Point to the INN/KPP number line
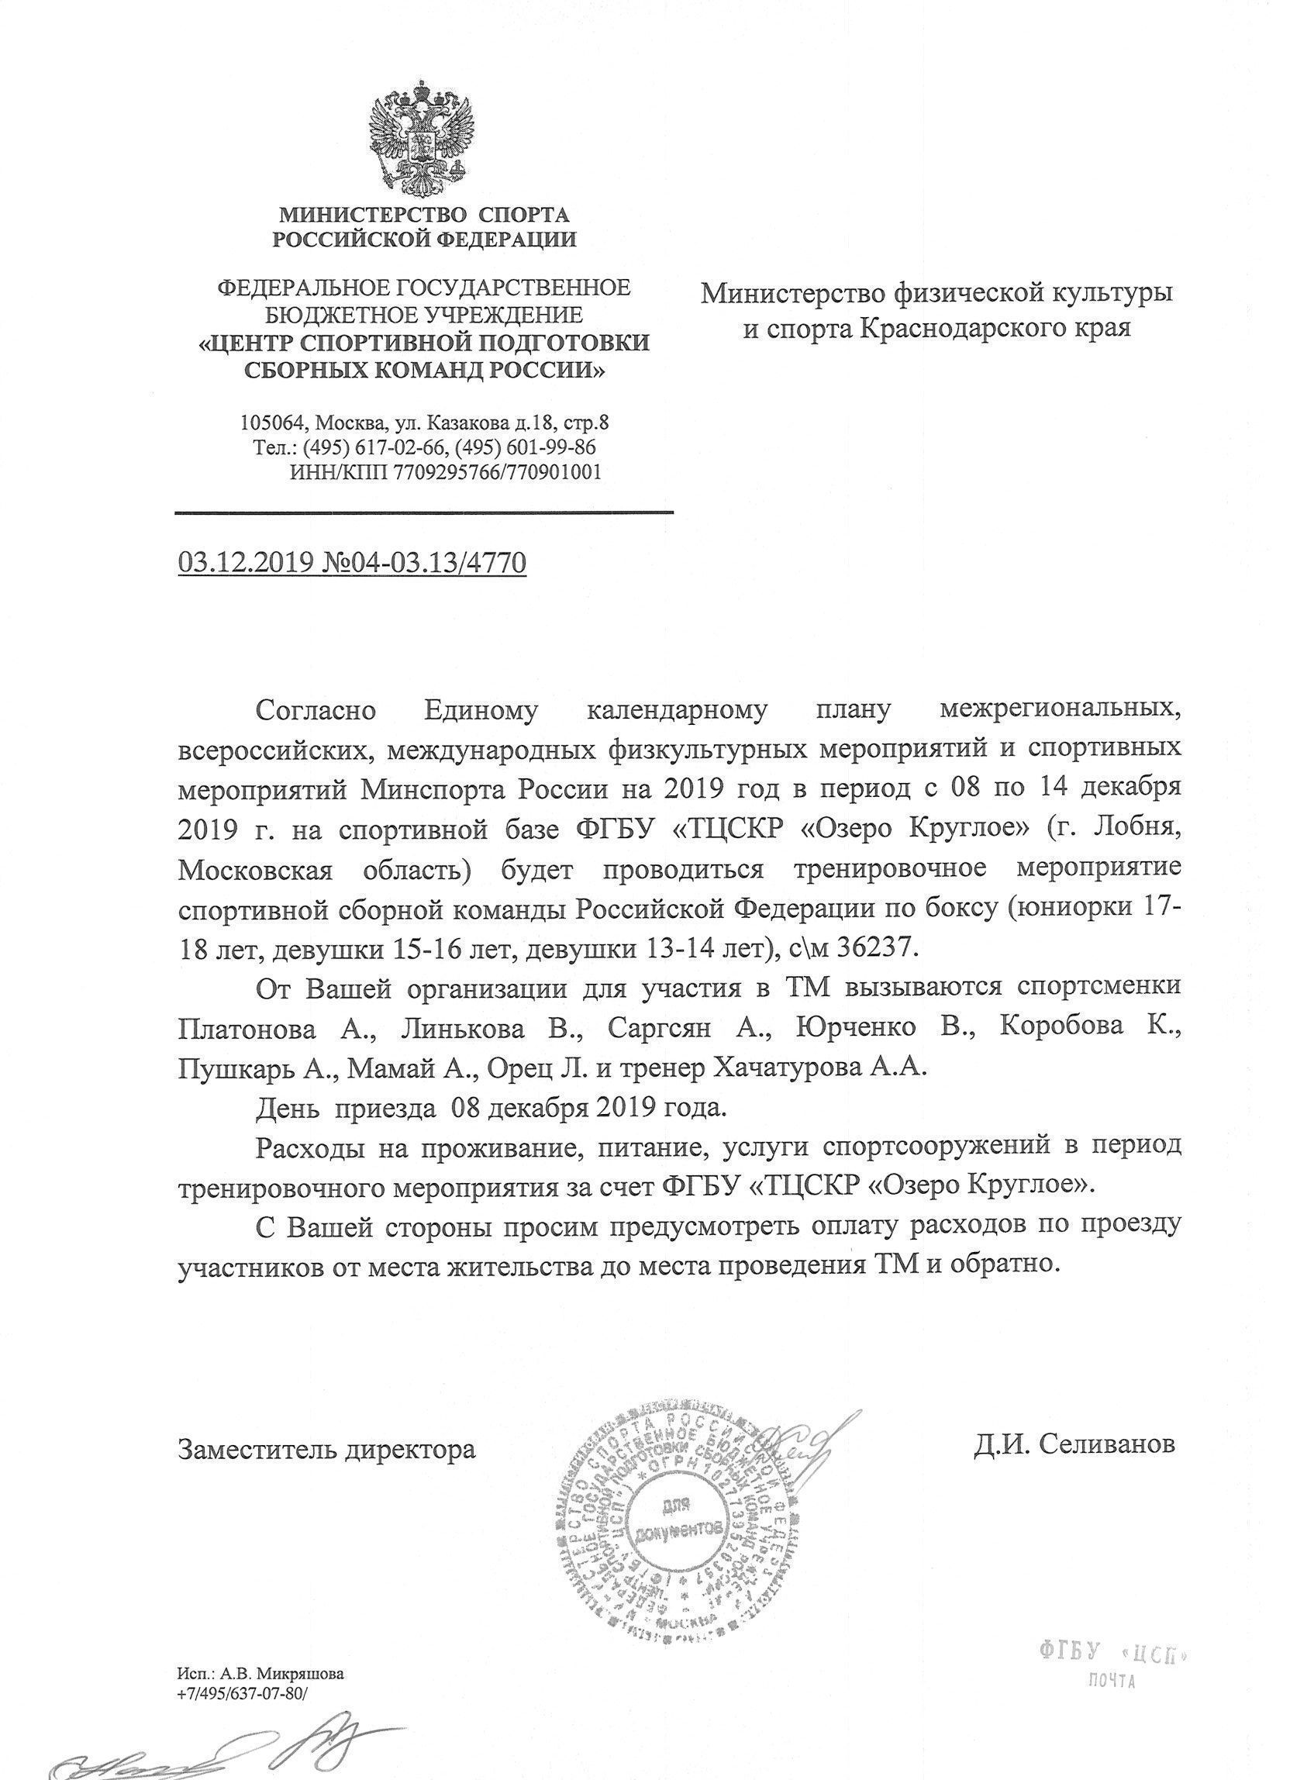[x=445, y=472]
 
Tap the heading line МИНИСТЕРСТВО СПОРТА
[x=425, y=214]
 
